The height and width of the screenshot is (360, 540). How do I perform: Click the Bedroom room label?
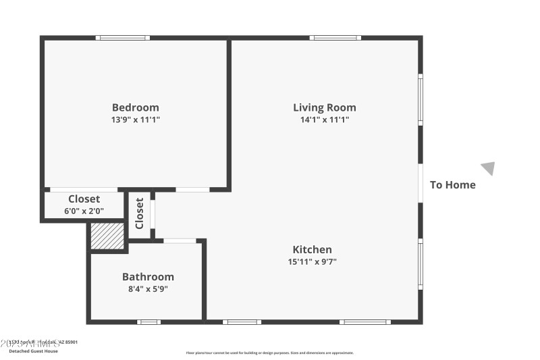click(x=136, y=107)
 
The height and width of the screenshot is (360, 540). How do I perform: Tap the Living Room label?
click(x=324, y=107)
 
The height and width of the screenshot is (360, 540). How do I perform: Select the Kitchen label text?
click(x=312, y=249)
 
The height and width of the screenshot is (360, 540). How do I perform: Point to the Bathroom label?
click(x=148, y=277)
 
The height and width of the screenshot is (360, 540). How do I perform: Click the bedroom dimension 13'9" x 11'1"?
click(x=136, y=120)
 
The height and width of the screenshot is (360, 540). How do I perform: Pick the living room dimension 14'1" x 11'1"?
click(x=324, y=120)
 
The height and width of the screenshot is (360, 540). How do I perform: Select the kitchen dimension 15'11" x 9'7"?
click(x=312, y=261)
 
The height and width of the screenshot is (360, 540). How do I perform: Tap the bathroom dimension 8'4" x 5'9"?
click(x=148, y=289)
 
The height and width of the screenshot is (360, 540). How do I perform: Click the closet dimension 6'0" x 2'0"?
click(x=84, y=211)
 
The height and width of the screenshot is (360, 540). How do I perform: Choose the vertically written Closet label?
click(x=140, y=214)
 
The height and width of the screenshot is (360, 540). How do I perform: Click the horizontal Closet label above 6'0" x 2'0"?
click(x=84, y=199)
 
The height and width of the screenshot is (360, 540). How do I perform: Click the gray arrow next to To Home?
click(x=488, y=168)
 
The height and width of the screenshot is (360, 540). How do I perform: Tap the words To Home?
click(x=453, y=185)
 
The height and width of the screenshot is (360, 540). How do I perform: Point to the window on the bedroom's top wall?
click(x=122, y=38)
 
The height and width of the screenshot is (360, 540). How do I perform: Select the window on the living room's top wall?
click(x=335, y=38)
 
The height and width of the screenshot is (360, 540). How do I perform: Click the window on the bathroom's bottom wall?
click(x=148, y=322)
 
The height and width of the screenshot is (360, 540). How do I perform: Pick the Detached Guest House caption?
click(x=33, y=351)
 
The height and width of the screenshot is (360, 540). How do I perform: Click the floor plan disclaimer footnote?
click(x=270, y=353)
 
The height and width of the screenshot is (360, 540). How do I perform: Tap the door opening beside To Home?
click(x=421, y=183)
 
